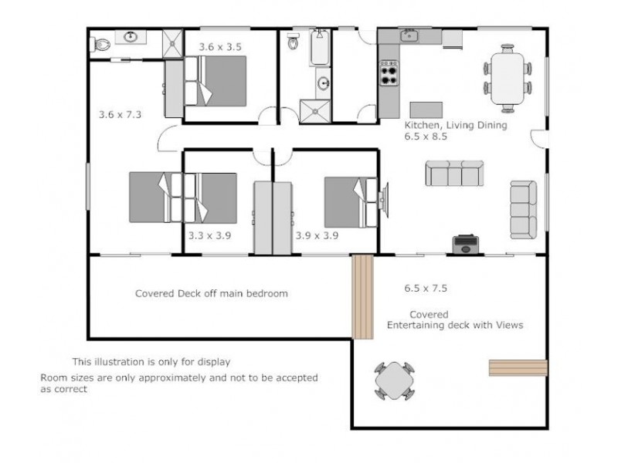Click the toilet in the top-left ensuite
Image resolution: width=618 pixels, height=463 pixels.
pos(98,43)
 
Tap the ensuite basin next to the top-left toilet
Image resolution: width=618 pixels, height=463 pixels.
pos(129,36)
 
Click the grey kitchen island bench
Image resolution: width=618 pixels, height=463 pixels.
pos(426,108)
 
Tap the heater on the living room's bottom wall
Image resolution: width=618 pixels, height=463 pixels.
pos(464,245)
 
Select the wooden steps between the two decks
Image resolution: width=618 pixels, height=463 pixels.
pos(362,297)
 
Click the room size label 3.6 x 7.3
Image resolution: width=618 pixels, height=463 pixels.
pos(121,114)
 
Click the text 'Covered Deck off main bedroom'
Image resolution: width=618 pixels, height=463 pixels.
pos(211,293)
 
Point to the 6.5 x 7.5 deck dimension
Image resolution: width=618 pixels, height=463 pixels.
pos(426,289)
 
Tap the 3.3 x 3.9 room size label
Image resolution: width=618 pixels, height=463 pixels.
pos(210,236)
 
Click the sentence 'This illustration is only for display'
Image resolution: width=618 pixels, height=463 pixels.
pos(151,361)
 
